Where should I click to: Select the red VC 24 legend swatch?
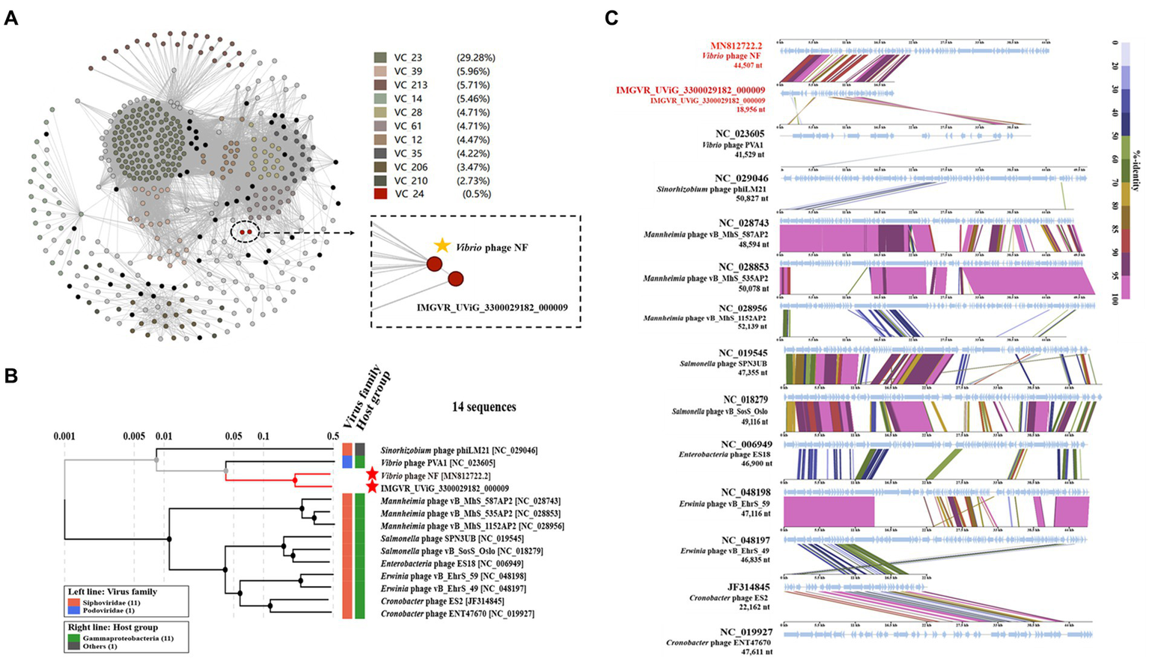380,195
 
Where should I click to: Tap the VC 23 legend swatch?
380,58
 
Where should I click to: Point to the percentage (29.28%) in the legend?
475,58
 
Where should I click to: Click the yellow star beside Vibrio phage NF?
442,246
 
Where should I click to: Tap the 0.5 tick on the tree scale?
333,436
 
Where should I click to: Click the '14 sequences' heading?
484,407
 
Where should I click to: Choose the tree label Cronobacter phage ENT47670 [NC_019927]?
467,614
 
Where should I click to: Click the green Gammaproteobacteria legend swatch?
73,638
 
